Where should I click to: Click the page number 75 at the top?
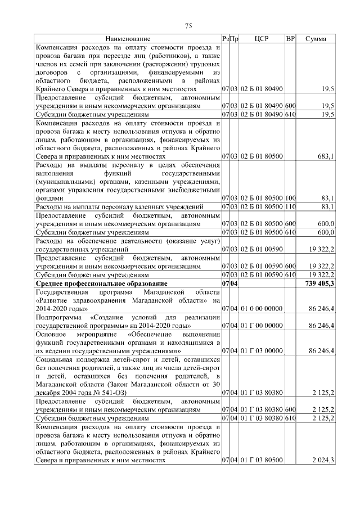click(189, 25)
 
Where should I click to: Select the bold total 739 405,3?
click(318, 283)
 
